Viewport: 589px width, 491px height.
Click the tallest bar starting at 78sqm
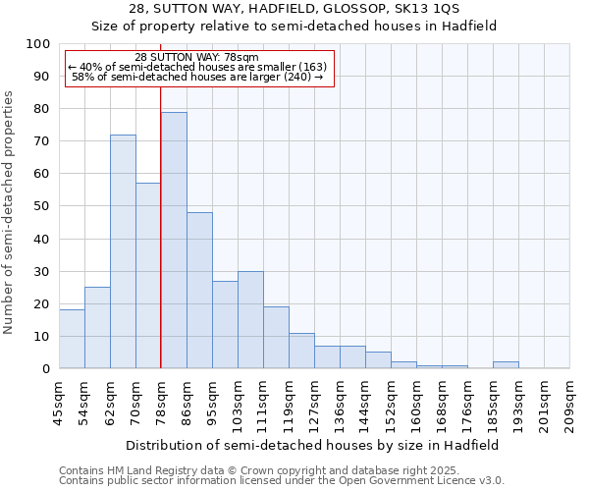tap(174, 241)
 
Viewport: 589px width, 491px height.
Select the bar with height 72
tap(123, 251)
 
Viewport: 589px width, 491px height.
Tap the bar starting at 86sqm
tap(199, 291)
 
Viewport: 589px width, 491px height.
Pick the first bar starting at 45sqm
tap(72, 340)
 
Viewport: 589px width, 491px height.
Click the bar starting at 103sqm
tap(250, 320)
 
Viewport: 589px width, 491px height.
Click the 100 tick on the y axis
tap(38, 44)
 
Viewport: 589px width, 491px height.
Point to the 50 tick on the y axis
tap(42, 206)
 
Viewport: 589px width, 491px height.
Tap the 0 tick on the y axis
tap(46, 369)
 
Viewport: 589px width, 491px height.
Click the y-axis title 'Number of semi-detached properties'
tap(10, 212)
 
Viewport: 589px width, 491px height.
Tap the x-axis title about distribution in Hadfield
tap(313, 445)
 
